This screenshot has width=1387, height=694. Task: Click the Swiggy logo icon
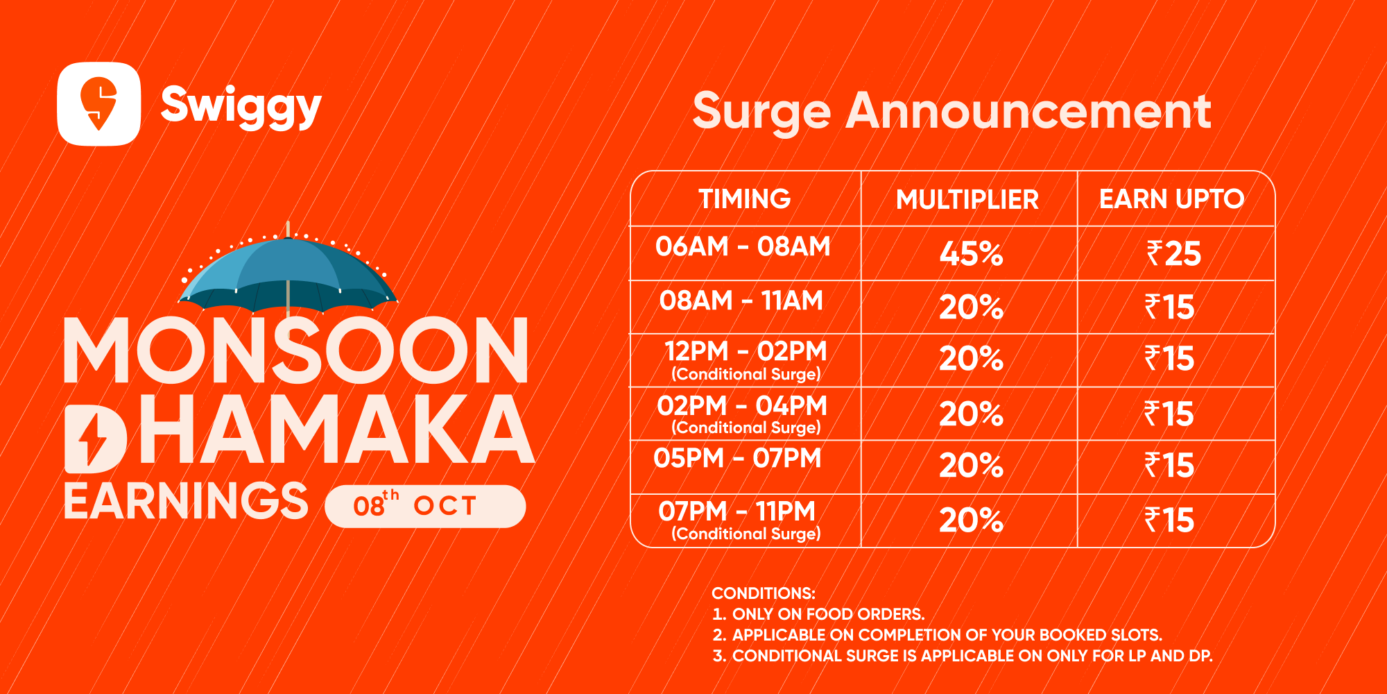coord(99,104)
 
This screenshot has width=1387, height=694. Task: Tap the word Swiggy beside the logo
coord(241,105)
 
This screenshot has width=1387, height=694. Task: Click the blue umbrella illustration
coord(288,271)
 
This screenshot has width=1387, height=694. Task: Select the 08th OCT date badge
coord(425,506)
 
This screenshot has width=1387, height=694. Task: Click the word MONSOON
coord(297,350)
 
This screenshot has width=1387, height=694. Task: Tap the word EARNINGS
coord(186,501)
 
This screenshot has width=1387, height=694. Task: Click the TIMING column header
coord(745,199)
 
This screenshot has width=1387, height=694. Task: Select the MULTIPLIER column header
coord(967,200)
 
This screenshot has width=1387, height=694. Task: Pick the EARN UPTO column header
coord(1172,199)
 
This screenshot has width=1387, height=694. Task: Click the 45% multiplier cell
coord(971,254)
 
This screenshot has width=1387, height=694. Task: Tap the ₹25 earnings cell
coord(1173,254)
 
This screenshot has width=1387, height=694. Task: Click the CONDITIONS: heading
coord(764,593)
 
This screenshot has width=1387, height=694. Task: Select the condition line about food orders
coord(819,614)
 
